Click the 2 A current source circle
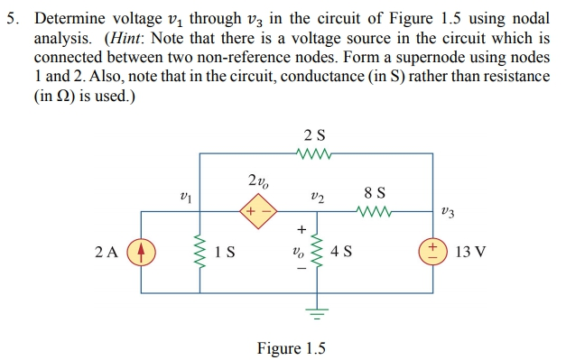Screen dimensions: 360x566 point(139,252)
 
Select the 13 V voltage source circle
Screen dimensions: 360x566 point(432,252)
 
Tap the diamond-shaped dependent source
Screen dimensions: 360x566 point(256,213)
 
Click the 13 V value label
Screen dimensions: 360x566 point(470,252)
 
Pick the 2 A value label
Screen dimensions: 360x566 point(106,252)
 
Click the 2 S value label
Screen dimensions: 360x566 point(315,135)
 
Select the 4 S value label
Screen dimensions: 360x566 point(343,253)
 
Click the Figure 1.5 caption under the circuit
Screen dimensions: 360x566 point(291,347)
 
